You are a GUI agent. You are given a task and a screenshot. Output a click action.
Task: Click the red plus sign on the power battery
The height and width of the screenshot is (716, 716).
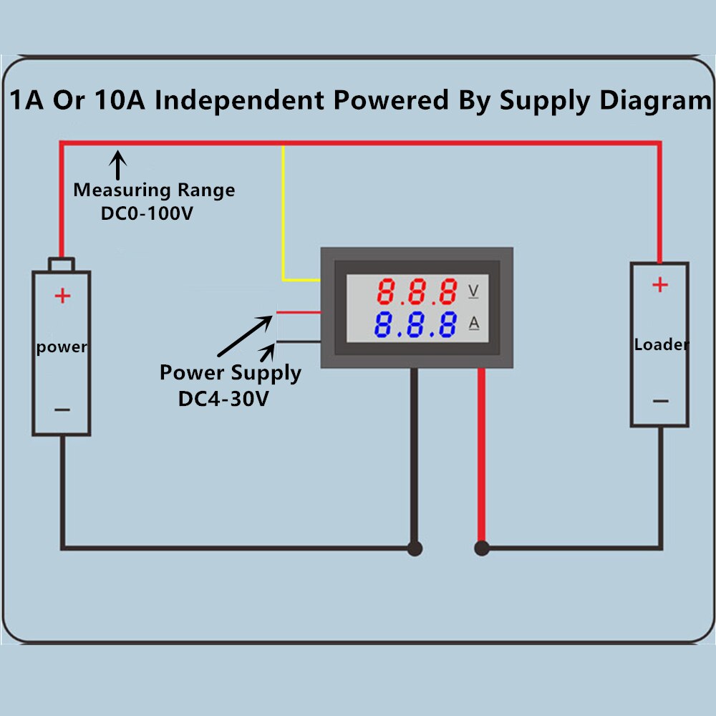pyautogui.click(x=62, y=295)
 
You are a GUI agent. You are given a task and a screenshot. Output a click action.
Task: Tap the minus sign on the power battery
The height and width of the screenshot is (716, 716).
pyautogui.click(x=62, y=410)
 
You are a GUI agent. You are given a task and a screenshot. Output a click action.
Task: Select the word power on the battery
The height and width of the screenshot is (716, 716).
pyautogui.click(x=62, y=347)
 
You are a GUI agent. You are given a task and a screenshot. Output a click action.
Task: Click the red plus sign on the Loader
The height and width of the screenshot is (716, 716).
pyautogui.click(x=659, y=285)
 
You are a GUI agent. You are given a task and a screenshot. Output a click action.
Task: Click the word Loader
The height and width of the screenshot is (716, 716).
pyautogui.click(x=662, y=344)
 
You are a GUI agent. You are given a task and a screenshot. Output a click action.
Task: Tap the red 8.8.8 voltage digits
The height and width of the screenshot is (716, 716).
pyautogui.click(x=417, y=291)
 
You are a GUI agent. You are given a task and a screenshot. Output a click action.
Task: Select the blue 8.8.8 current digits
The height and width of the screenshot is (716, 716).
pyautogui.click(x=415, y=324)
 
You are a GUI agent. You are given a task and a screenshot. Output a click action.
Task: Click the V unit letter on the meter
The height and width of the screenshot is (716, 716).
pyautogui.click(x=473, y=291)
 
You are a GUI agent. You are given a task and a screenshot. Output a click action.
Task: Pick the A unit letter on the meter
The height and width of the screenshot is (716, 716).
pyautogui.click(x=474, y=324)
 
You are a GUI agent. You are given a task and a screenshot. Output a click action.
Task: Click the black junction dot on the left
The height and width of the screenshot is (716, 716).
pyautogui.click(x=415, y=548)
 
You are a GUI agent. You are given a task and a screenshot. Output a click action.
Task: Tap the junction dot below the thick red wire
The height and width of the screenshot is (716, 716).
pyautogui.click(x=482, y=548)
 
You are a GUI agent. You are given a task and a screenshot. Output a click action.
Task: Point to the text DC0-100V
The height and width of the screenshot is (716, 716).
pyautogui.click(x=148, y=213)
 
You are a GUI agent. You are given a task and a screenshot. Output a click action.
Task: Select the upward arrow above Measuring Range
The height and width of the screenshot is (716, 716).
pyautogui.click(x=117, y=163)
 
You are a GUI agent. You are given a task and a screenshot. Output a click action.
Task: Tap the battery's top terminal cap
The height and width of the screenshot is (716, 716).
pyautogui.click(x=62, y=264)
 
